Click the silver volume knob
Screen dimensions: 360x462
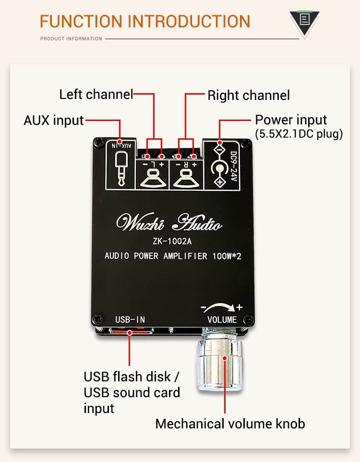(x=219, y=361)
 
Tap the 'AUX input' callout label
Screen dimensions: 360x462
(x=54, y=121)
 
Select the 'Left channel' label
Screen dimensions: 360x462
(x=96, y=95)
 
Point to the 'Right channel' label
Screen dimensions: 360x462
(x=249, y=96)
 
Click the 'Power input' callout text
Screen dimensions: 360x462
(x=291, y=120)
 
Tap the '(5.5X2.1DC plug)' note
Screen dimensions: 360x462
(x=299, y=134)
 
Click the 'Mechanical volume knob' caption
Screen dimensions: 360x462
(x=230, y=424)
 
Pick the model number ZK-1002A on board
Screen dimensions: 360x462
(x=172, y=241)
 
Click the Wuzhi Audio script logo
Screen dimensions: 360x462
(x=169, y=222)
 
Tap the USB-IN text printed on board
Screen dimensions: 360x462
(x=130, y=320)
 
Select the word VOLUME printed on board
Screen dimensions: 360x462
(x=222, y=320)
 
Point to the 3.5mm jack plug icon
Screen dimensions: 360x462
(x=121, y=169)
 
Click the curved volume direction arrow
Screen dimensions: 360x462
(x=219, y=308)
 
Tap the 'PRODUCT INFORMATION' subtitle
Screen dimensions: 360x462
(x=72, y=38)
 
